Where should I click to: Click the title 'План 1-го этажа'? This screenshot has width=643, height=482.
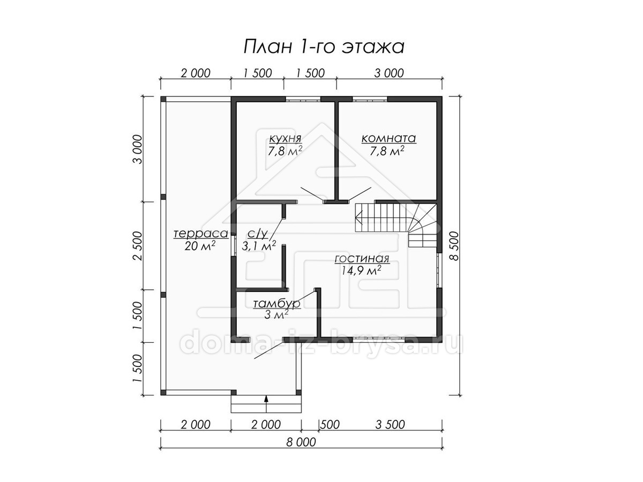324,47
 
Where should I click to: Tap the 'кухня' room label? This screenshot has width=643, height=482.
285,138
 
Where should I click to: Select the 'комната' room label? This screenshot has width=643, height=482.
388,138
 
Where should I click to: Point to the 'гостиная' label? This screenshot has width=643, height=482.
362,259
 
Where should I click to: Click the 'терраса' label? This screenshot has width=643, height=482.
200,234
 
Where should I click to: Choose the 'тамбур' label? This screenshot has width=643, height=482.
277,304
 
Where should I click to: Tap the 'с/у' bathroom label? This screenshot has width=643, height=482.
258,234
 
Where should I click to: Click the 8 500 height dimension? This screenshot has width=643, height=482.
454,246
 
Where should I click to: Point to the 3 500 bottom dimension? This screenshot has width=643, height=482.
390,424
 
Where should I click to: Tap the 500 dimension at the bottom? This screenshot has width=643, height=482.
330,424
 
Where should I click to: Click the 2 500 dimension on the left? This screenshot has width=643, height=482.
137,246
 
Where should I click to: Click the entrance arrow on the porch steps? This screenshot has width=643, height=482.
266,404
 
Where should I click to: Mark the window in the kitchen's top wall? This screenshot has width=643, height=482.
303,99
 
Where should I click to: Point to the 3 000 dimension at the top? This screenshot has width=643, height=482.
388,73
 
